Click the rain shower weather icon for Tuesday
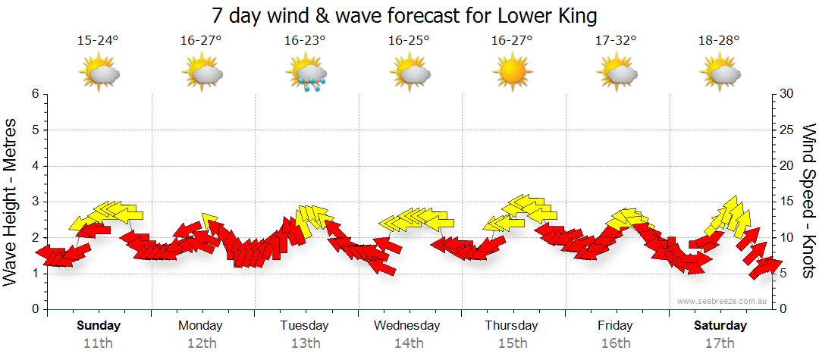tap(307, 74)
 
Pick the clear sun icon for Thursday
tap(512, 74)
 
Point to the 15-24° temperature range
tap(98, 41)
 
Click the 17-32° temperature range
tap(615, 41)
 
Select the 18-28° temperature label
tap(719, 41)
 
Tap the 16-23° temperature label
tap(305, 41)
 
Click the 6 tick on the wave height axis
tap(34, 94)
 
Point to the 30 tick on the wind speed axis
tap(787, 94)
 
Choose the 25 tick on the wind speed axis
tap(787, 130)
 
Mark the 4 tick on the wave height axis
tap(34, 166)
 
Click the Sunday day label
tap(99, 326)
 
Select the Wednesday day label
tap(407, 326)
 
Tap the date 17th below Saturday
tap(720, 343)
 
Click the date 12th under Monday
tap(201, 343)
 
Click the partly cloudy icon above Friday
tap(616, 74)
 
